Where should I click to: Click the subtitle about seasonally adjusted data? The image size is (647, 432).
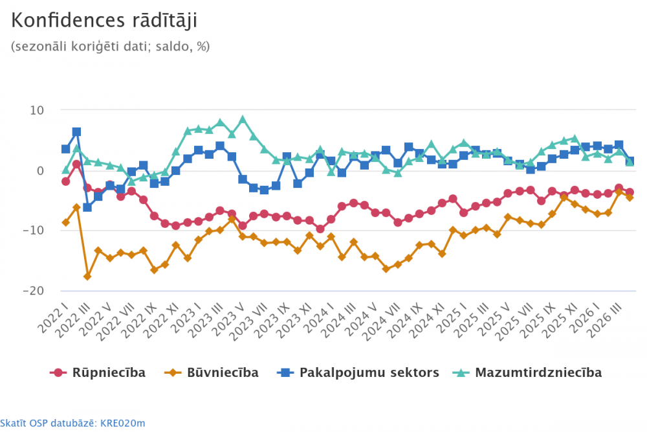click(110, 47)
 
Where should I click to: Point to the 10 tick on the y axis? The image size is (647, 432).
click(36, 110)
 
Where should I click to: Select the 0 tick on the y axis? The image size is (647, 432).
click(39, 170)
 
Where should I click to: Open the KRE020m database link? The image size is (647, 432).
click(72, 424)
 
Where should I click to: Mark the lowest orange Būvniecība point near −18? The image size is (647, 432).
click(87, 277)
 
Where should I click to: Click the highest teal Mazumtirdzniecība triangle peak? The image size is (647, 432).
click(243, 120)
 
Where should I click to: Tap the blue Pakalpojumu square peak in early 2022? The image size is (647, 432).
click(76, 132)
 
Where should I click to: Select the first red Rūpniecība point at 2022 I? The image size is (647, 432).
click(65, 181)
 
